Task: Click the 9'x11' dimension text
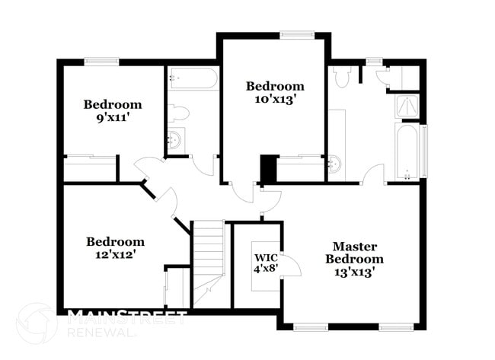point(113,118)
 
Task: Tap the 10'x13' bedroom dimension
point(274,99)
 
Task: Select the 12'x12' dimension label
point(115,255)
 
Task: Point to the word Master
point(351,247)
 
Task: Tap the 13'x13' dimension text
point(351,272)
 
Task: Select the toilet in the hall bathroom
point(178,113)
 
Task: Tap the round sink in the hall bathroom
point(176,139)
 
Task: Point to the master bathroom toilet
point(342,77)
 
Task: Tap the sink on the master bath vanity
point(334,162)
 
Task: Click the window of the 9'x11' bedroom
point(100,62)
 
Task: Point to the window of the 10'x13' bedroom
point(296,33)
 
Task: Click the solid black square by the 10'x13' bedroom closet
point(268,168)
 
